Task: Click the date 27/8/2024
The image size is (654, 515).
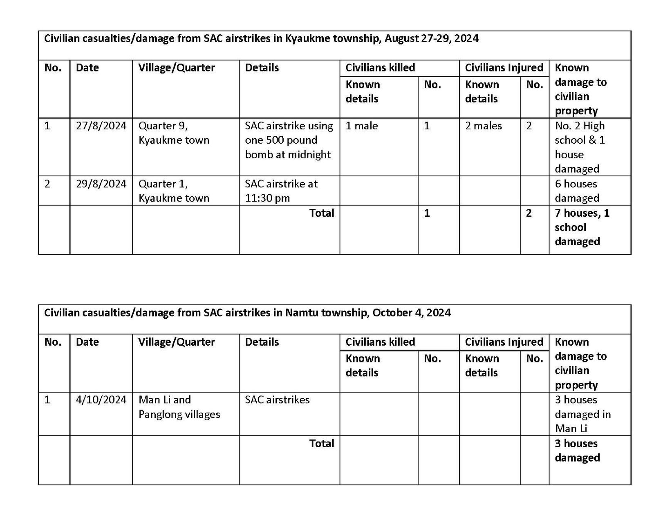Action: (101, 126)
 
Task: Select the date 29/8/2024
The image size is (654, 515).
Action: (101, 184)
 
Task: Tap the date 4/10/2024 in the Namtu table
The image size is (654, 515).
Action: (101, 400)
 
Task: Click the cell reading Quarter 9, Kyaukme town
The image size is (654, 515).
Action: (174, 133)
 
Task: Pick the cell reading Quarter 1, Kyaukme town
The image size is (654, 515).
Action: (174, 191)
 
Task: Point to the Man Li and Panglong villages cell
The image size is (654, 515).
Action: (179, 407)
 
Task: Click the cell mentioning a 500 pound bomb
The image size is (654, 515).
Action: (289, 140)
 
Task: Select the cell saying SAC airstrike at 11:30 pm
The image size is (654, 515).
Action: (281, 191)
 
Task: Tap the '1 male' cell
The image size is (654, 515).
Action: (361, 126)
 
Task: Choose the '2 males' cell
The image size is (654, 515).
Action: (483, 126)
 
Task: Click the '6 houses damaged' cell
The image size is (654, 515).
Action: (577, 191)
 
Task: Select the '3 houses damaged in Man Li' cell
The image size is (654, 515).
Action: (582, 414)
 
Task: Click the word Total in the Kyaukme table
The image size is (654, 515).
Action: (321, 213)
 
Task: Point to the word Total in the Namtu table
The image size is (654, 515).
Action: (321, 443)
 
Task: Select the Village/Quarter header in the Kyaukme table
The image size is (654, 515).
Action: (176, 68)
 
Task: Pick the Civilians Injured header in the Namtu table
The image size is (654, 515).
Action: (504, 342)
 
